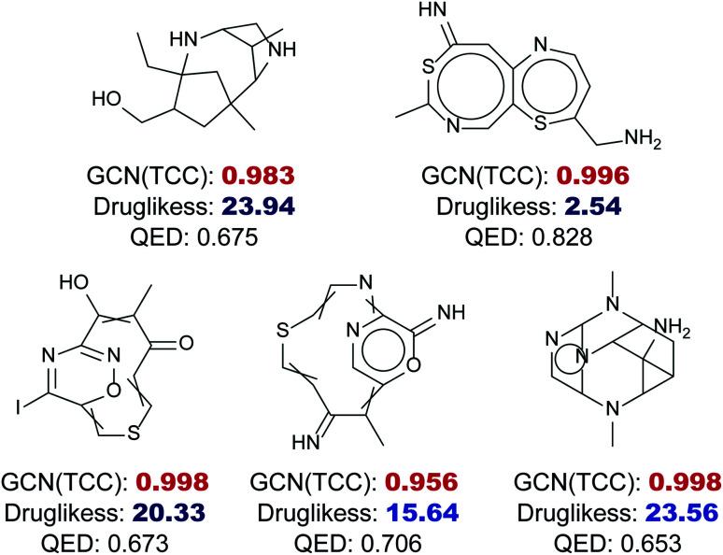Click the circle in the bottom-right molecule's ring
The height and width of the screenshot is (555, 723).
click(x=585, y=353)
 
